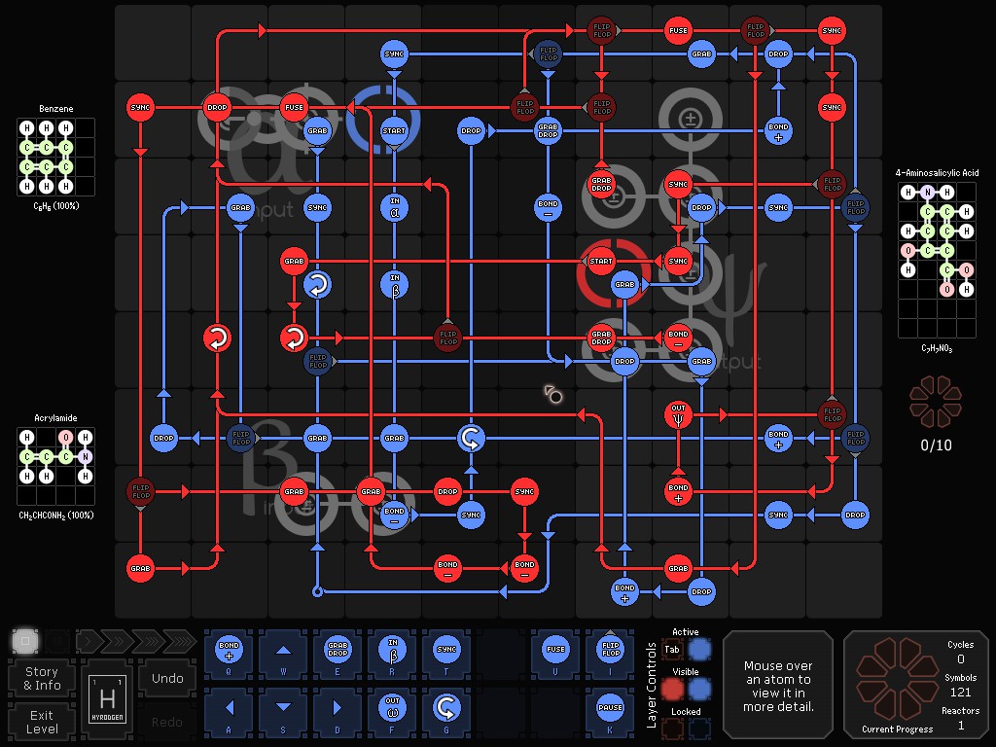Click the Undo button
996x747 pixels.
coord(167,678)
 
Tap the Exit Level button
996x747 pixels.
coord(42,722)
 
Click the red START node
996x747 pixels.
coord(601,261)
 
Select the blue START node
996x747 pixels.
coord(394,130)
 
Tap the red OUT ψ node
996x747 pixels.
coord(678,414)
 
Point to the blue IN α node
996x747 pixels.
coord(394,207)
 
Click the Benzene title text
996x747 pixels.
coord(56,109)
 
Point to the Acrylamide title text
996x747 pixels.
coord(56,418)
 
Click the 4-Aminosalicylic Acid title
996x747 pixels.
coord(938,173)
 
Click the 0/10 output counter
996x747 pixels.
coord(936,445)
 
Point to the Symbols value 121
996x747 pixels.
coord(960,692)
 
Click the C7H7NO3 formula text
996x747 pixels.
coord(937,347)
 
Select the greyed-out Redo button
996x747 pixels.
coord(167,722)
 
